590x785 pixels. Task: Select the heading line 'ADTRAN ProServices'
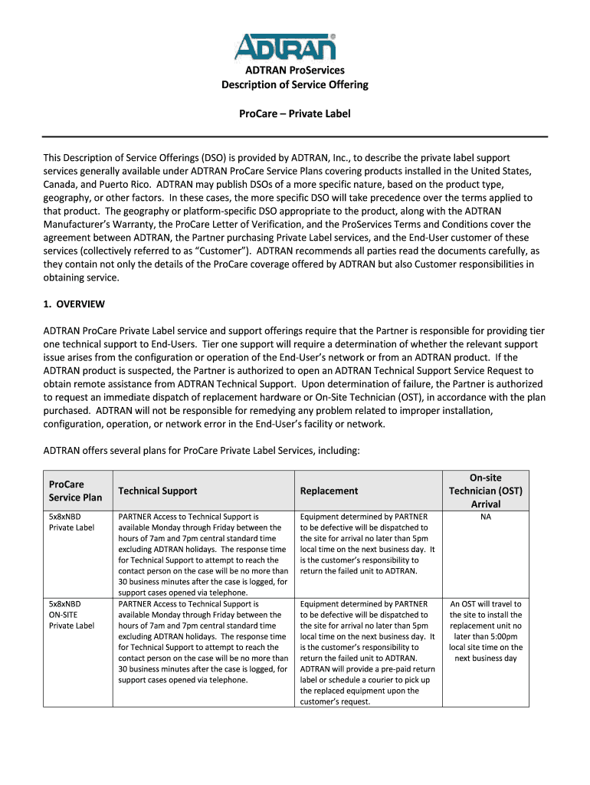point(295,71)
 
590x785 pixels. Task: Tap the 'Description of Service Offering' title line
point(295,84)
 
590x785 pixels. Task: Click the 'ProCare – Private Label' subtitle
point(295,113)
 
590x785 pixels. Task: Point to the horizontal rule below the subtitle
point(295,136)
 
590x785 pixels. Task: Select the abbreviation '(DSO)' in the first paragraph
point(215,157)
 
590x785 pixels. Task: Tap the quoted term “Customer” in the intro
point(230,251)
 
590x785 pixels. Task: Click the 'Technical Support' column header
point(157,491)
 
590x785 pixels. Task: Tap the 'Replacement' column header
point(329,491)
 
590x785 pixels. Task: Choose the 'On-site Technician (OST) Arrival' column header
point(485,491)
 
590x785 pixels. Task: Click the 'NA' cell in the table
point(485,517)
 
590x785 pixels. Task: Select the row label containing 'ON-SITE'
point(64,615)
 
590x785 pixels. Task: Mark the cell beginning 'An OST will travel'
point(485,631)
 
